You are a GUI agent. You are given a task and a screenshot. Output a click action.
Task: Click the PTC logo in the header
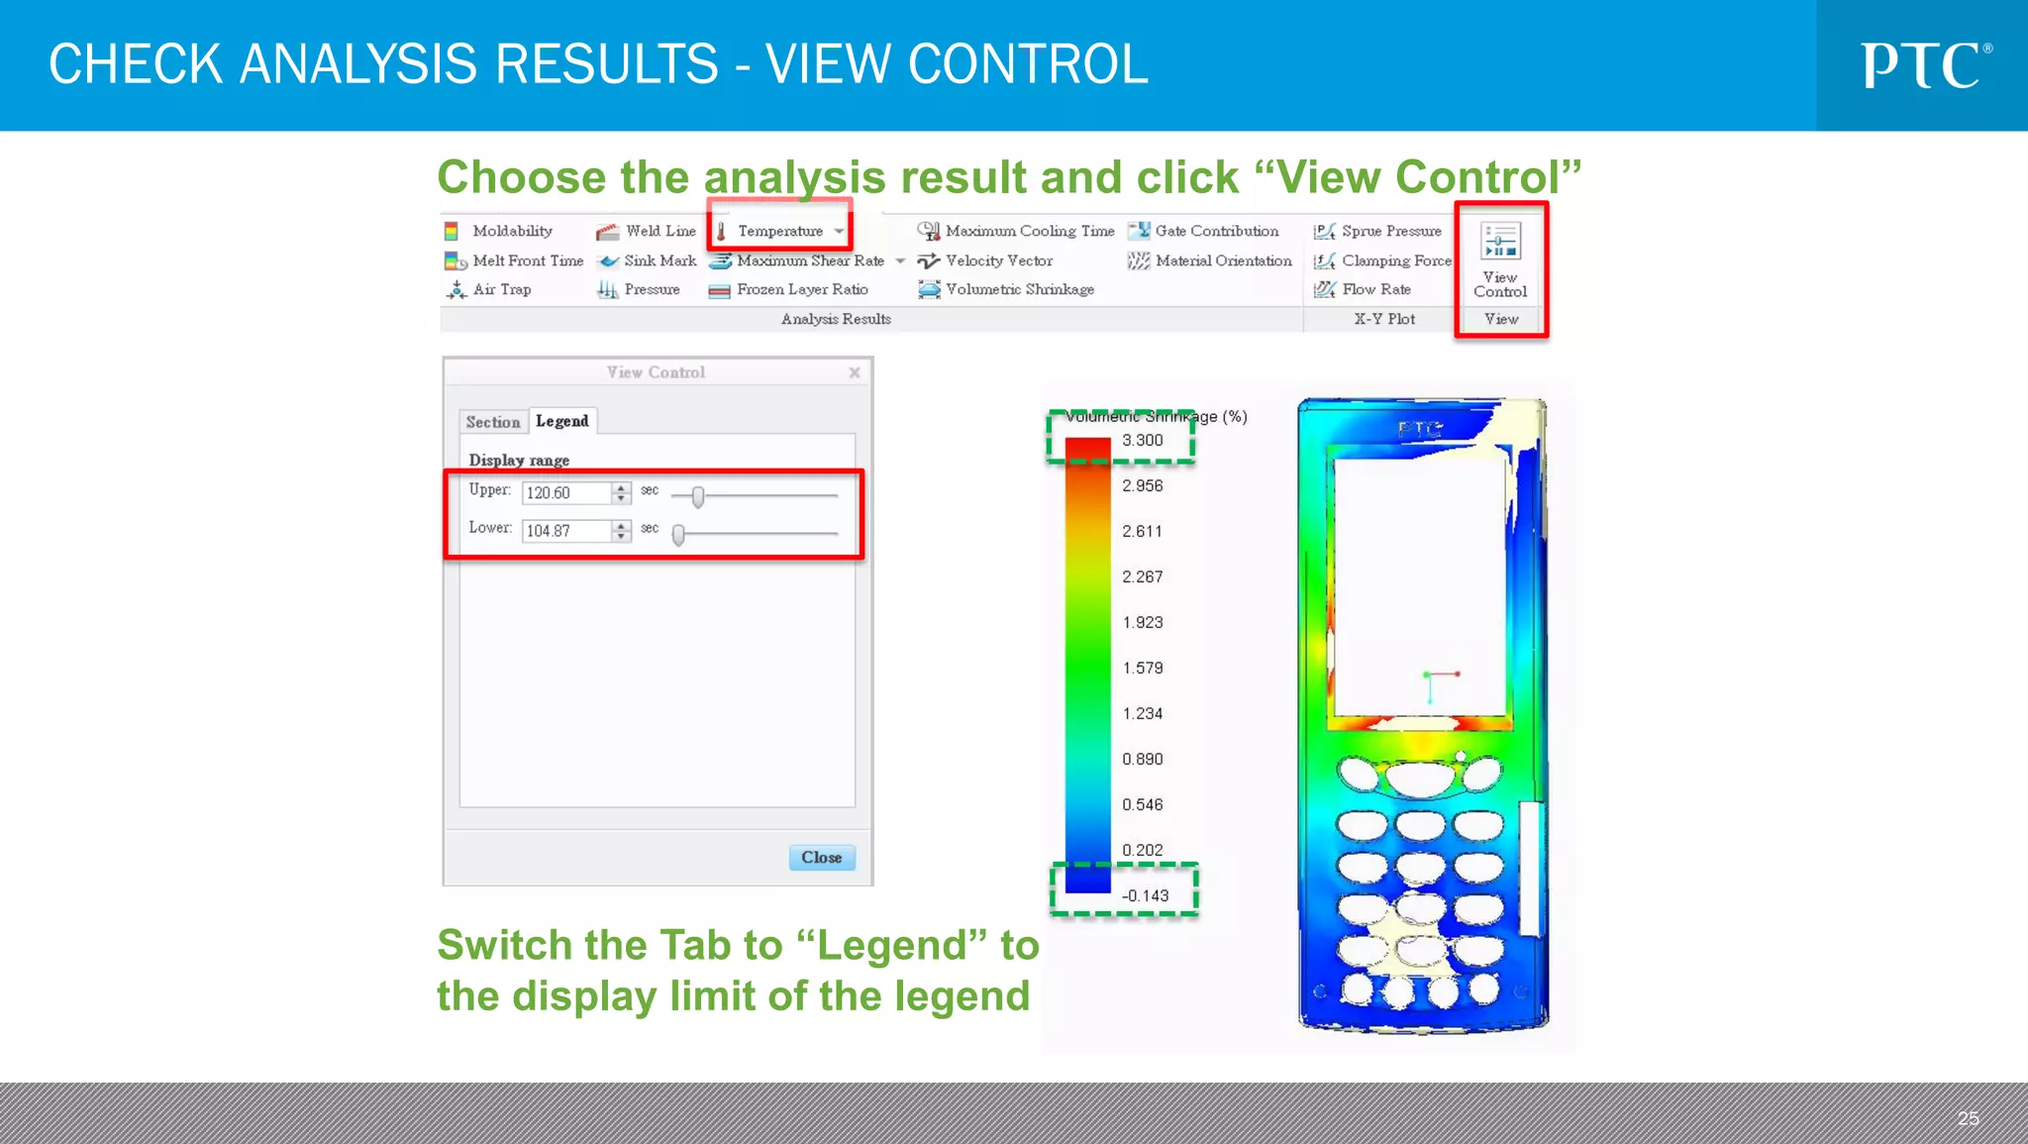coord(1925,65)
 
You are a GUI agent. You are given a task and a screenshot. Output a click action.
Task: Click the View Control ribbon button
coord(1500,260)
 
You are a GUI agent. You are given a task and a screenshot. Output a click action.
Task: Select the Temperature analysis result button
coord(779,231)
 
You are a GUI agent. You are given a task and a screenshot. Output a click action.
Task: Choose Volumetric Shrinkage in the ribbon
coord(1019,289)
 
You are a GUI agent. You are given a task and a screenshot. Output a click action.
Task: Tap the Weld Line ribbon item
coord(659,231)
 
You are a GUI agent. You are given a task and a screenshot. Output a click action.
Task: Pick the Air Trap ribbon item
coord(501,289)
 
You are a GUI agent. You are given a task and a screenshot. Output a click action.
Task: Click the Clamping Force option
coord(1395,260)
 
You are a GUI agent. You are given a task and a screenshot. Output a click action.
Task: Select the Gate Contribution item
coord(1216,231)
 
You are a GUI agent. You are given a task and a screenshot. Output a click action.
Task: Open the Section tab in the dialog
coord(492,422)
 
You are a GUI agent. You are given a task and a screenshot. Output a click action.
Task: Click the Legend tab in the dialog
coord(561,421)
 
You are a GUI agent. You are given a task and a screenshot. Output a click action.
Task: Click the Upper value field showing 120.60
coord(566,492)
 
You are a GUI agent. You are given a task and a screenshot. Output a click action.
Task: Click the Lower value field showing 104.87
coord(566,531)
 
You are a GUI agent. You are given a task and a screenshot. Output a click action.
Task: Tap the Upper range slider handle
coord(698,496)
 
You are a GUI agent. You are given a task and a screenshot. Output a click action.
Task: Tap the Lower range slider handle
coord(678,535)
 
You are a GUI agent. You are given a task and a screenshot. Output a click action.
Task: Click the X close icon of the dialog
coord(855,372)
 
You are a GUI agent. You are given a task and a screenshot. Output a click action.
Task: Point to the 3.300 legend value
coord(1142,441)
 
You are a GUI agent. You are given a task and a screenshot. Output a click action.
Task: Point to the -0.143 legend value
coord(1145,895)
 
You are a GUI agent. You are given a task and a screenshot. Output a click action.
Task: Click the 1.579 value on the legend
coord(1142,668)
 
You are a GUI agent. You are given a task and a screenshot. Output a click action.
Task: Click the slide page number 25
coord(1968,1118)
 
